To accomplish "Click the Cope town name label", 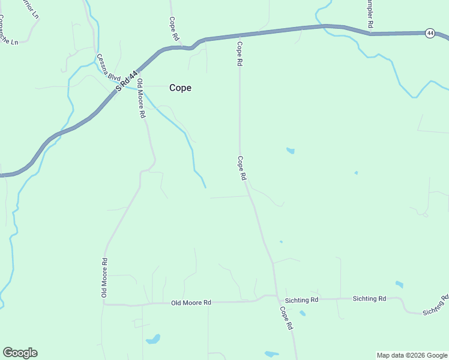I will tap(180, 88).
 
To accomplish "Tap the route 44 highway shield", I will tap(430, 33).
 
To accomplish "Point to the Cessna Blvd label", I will tap(109, 67).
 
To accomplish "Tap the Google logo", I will tap(20, 353).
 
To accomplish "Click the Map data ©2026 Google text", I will tap(411, 355).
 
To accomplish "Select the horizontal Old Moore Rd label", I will tap(191, 303).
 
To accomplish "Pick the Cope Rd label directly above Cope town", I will tap(174, 28).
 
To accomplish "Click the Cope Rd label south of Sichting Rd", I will tap(286, 318).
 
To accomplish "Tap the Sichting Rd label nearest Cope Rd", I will tap(302, 299).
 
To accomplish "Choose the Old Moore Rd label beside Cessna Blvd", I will tap(141, 97).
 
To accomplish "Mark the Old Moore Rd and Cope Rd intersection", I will tap(276, 296).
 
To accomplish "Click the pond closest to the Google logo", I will tap(153, 339).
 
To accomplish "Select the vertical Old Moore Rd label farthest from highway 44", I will tap(104, 277).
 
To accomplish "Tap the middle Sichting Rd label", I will tap(369, 298).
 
